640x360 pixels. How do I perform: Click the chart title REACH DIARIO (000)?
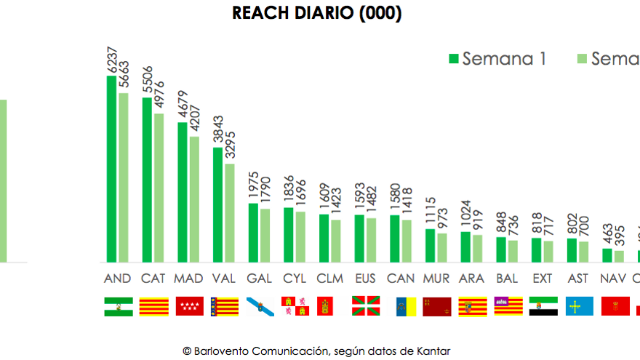(x=317, y=13)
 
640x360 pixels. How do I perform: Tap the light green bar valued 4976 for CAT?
(x=159, y=188)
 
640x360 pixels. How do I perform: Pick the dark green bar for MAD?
(x=182, y=192)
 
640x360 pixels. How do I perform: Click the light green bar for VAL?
(x=229, y=212)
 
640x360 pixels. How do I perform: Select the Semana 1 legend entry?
(x=497, y=58)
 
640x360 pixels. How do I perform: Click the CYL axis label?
(x=295, y=279)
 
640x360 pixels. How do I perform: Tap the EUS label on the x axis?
(x=365, y=279)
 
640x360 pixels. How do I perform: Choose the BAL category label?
(x=507, y=279)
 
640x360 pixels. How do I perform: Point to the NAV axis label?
(x=613, y=279)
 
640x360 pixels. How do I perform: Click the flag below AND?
(x=118, y=306)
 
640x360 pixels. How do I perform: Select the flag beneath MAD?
(x=189, y=306)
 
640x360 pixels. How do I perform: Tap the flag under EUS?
(x=366, y=306)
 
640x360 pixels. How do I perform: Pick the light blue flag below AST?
(x=579, y=306)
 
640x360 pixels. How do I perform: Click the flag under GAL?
(x=260, y=306)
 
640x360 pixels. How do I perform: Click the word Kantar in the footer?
(x=433, y=351)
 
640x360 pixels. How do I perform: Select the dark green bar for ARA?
(x=465, y=247)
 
